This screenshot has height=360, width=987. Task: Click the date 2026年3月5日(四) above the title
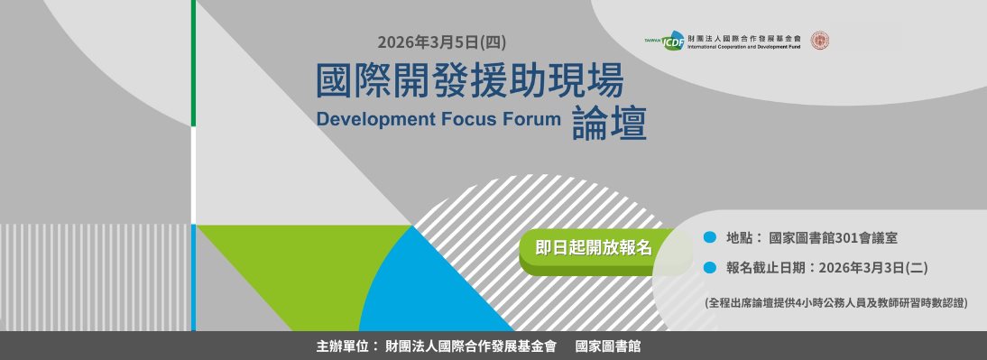[x=442, y=42]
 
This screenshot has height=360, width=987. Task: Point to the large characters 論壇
[x=609, y=122]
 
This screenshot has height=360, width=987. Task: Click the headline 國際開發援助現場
[x=469, y=80]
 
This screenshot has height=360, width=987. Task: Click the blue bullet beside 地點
[x=710, y=237]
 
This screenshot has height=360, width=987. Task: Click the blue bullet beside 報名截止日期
[x=710, y=267]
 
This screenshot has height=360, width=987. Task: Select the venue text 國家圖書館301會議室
[x=834, y=238]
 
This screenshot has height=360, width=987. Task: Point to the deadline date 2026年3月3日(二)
[x=873, y=268]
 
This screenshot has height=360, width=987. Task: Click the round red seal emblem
[x=819, y=41]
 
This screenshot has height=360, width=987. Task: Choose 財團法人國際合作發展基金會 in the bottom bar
[x=471, y=346]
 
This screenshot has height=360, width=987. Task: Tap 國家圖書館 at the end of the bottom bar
[x=608, y=346]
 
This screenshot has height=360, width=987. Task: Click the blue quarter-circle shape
[x=428, y=290]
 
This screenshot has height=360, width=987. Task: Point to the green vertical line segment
[x=193, y=63]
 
